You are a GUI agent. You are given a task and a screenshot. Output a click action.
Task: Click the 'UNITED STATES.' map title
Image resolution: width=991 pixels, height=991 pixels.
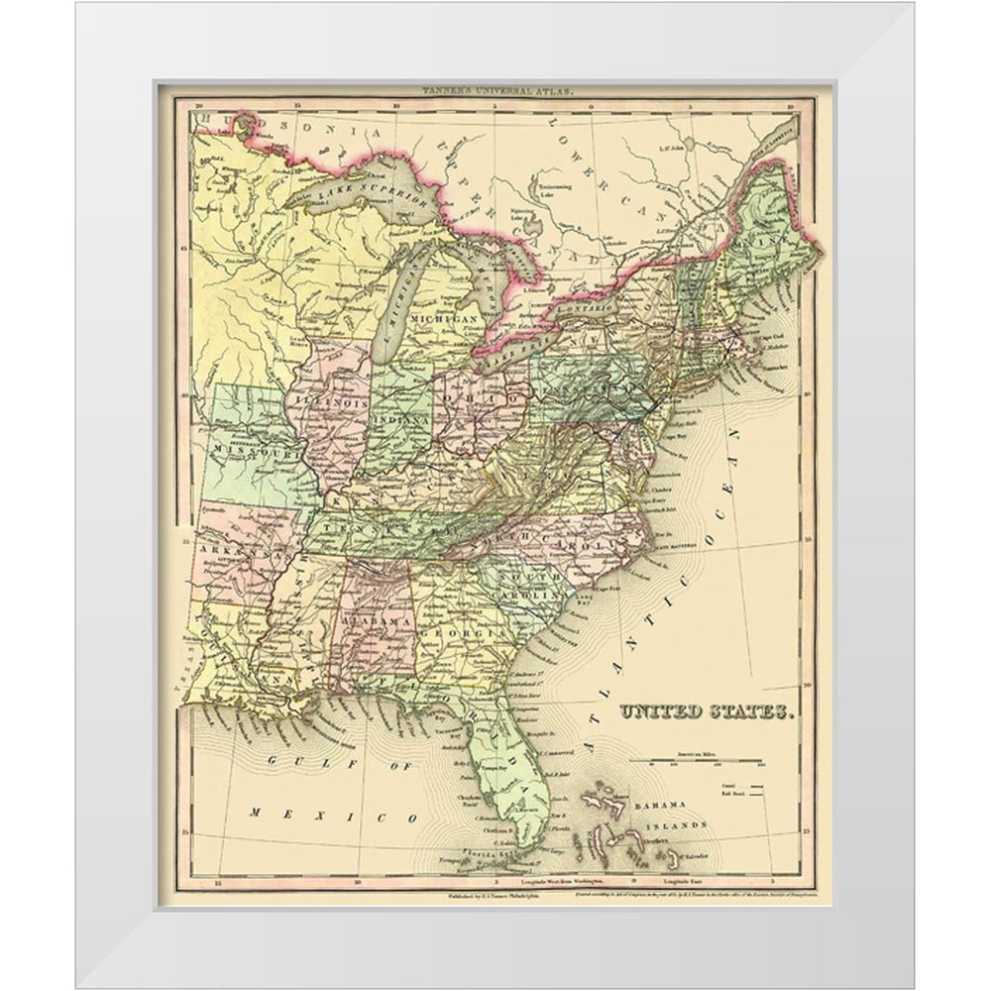pos(705,712)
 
